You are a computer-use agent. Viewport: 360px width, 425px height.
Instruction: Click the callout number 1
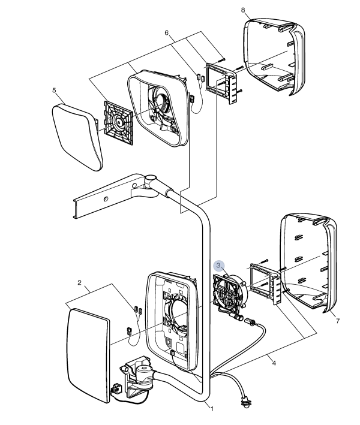point(212,409)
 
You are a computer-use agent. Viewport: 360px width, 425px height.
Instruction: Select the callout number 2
point(79,283)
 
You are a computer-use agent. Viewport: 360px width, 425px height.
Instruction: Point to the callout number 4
point(274,363)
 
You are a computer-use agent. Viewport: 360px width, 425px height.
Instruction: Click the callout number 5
point(54,90)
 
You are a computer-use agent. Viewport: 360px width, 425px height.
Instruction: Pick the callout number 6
point(167,33)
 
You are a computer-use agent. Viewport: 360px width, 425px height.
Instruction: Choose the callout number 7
point(338,321)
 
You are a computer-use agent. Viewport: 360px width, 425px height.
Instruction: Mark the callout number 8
point(243,10)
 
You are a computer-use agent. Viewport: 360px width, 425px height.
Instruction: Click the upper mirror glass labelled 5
point(77,138)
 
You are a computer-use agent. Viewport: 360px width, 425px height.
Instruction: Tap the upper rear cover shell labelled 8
point(274,57)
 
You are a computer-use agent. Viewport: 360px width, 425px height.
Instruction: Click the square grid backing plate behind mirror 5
point(119,123)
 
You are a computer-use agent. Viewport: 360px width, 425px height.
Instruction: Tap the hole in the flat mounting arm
point(106,199)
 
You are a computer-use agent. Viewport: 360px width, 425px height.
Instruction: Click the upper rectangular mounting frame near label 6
point(222,83)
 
